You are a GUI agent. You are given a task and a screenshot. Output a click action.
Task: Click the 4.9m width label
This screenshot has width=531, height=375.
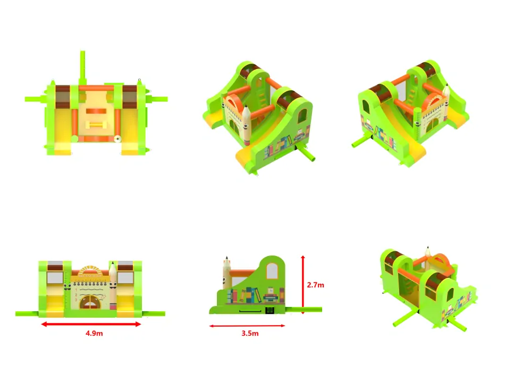[94, 334]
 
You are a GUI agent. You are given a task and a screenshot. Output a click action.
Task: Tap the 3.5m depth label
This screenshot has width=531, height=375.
[250, 334]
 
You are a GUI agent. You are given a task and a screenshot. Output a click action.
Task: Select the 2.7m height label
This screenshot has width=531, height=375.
[316, 285]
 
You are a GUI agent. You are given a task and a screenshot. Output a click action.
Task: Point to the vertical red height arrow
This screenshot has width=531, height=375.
[303, 285]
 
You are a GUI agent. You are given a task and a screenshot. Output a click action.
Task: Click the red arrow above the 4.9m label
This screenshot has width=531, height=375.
[91, 324]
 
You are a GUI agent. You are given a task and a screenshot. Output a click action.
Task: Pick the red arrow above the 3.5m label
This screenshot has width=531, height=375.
[247, 326]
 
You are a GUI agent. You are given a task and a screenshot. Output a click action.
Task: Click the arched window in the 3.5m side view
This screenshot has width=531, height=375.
[272, 271]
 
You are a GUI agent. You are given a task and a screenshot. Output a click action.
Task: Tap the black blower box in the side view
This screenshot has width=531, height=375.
[269, 310]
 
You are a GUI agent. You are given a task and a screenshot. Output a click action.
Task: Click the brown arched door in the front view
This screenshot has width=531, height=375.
[89, 302]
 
